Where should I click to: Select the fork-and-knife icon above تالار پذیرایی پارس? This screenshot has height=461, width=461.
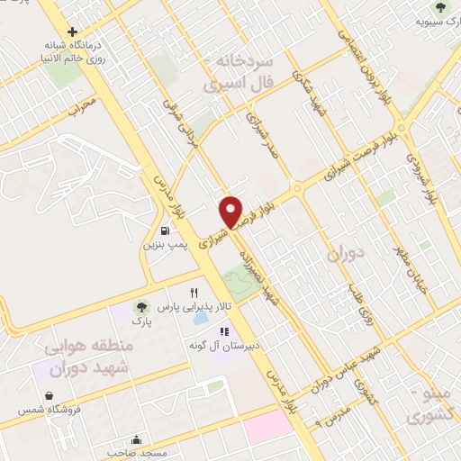point(194,294)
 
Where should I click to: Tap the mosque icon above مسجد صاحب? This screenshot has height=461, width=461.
point(135,440)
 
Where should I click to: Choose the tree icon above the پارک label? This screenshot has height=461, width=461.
point(138,306)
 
